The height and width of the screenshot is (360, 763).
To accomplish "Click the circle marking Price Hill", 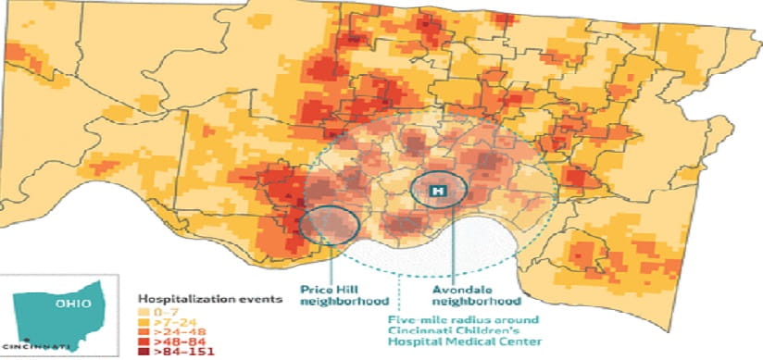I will click(330, 225).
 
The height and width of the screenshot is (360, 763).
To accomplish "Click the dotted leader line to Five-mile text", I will click(397, 292).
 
